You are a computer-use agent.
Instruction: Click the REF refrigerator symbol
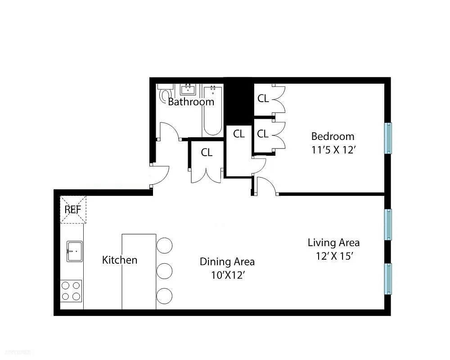(x=73, y=210)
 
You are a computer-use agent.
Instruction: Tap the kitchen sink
(x=74, y=251)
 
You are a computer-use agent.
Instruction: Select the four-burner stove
(x=71, y=290)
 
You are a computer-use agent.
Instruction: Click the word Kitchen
(x=120, y=260)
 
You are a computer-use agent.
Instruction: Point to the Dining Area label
(x=227, y=261)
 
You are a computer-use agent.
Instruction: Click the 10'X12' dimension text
(x=227, y=275)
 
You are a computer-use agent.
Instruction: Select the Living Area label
(x=333, y=243)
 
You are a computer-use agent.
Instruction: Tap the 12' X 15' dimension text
(x=333, y=256)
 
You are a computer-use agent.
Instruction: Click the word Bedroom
(x=333, y=136)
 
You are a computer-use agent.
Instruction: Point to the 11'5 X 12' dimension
(x=333, y=150)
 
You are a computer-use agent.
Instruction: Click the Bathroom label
(x=191, y=102)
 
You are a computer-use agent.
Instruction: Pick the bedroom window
(x=387, y=138)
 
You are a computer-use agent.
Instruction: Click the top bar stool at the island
(x=165, y=246)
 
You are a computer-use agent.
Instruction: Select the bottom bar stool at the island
(x=165, y=296)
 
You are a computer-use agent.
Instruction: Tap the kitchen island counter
(x=139, y=271)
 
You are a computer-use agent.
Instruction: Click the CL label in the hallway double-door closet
(x=207, y=153)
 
